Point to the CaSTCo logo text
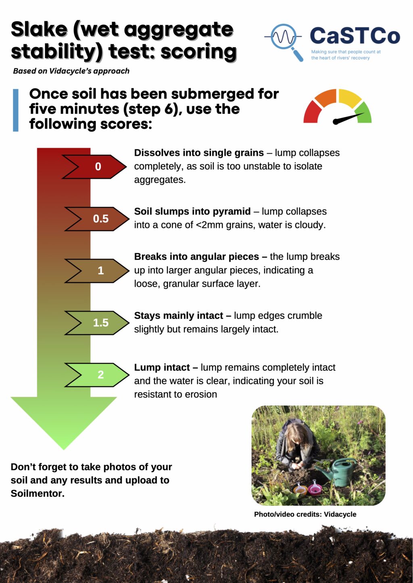pos(355,36)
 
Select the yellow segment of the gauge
pos(350,97)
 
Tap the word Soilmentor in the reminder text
pos(38,493)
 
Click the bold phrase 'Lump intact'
pos(162,367)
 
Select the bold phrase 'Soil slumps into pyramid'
pos(192,211)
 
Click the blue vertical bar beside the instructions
pos(16,110)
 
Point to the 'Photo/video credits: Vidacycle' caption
pos(305,514)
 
